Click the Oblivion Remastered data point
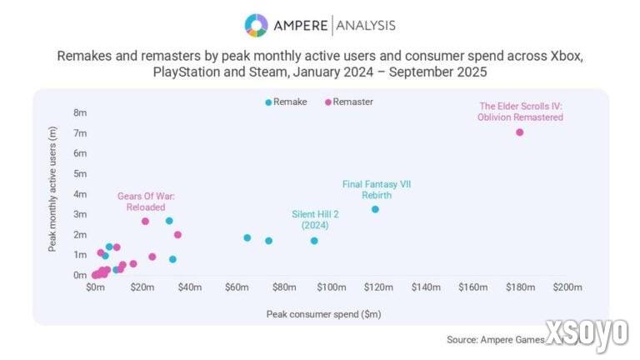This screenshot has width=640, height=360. pyautogui.click(x=519, y=132)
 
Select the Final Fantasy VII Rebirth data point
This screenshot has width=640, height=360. pyautogui.click(x=375, y=209)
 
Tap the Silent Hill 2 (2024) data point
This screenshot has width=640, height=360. pyautogui.click(x=314, y=241)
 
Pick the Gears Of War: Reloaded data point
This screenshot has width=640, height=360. pyautogui.click(x=145, y=221)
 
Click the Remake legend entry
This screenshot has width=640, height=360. pyautogui.click(x=286, y=102)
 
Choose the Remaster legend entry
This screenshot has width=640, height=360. pyautogui.click(x=349, y=102)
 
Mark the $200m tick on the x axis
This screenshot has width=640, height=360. pyautogui.click(x=567, y=287)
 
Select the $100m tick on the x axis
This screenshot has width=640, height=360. pyautogui.click(x=332, y=287)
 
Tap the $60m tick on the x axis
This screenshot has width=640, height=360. pyautogui.click(x=237, y=287)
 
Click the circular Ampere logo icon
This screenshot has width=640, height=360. pyautogui.click(x=256, y=25)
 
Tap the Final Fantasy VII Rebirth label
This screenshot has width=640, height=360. pyautogui.click(x=377, y=189)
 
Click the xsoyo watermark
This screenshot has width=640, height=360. pyautogui.click(x=587, y=333)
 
